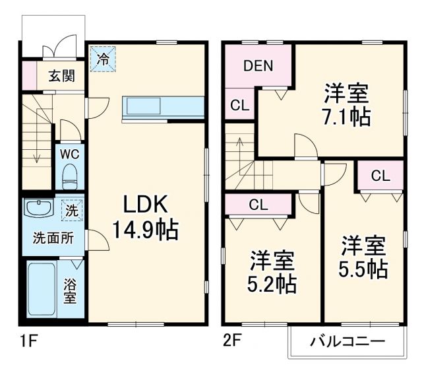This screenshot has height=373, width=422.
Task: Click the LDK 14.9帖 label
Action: point(144,216)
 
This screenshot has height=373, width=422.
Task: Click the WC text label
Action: point(70,154)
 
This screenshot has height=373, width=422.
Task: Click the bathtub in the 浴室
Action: point(41,290)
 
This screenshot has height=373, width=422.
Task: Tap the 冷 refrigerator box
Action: point(102,58)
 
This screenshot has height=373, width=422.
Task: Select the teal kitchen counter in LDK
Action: point(163,108)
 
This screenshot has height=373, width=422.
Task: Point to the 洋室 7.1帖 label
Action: point(345,104)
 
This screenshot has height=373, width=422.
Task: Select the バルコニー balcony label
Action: point(347,343)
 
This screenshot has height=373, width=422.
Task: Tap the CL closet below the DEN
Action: point(239,104)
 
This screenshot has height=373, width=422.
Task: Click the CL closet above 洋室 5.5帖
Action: point(380,176)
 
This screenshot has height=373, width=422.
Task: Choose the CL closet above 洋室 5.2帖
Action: point(258,204)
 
